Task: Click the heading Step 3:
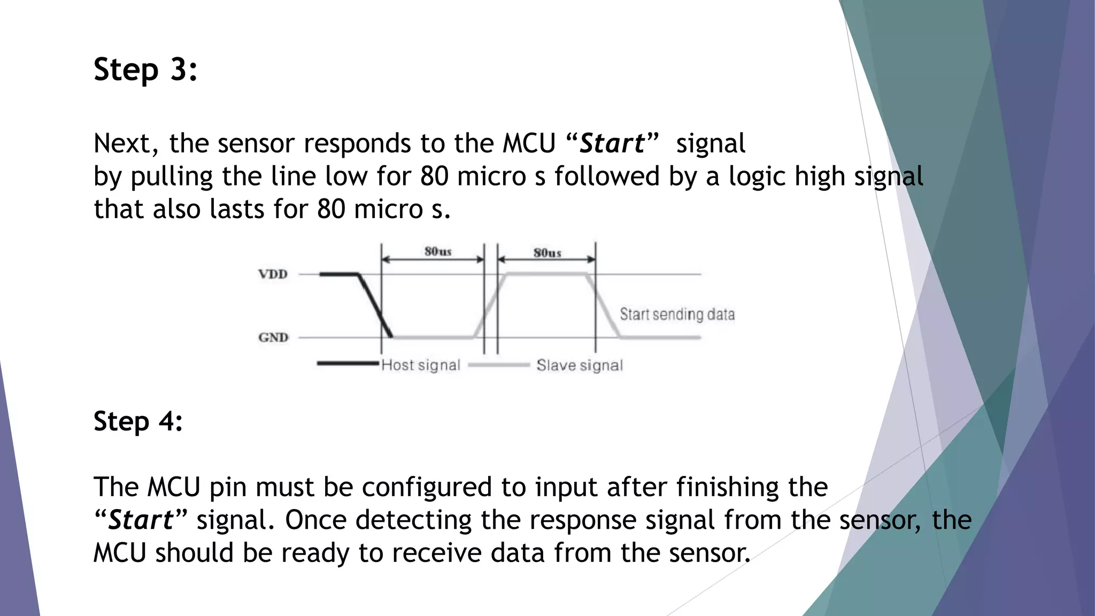145,70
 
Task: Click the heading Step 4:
138,421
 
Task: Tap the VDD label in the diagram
273,274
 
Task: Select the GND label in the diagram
273,337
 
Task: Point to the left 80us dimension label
438,251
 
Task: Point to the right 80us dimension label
547,252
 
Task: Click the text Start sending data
677,314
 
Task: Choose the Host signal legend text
420,365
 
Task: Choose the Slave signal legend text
580,365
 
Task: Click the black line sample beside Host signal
348,364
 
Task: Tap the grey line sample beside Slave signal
498,365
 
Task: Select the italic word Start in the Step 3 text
612,143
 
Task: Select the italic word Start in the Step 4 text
141,520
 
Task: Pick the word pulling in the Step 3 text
172,176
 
